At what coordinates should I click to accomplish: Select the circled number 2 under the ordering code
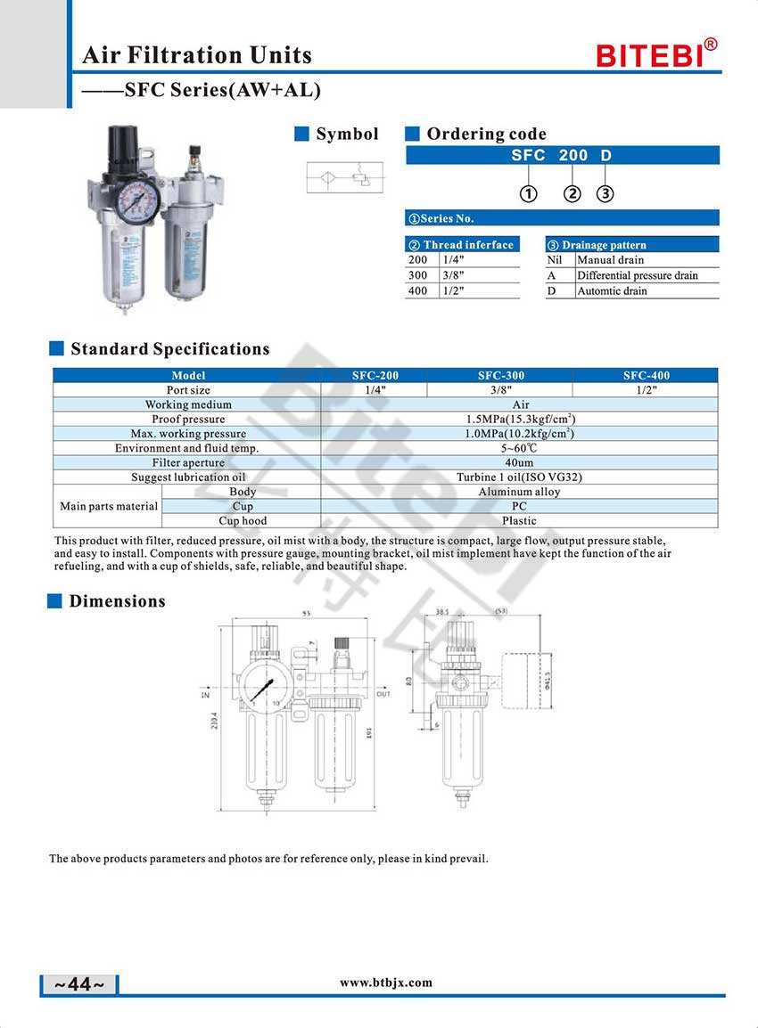(x=573, y=194)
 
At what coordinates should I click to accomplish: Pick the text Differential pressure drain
(x=637, y=275)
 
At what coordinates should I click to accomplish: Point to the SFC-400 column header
(x=646, y=375)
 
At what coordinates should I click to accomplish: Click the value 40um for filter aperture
(x=519, y=462)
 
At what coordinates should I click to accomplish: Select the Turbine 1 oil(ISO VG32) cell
(x=519, y=477)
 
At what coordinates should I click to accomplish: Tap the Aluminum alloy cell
(x=519, y=492)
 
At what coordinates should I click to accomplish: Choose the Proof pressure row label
(x=188, y=419)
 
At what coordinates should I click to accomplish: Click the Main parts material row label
(x=109, y=506)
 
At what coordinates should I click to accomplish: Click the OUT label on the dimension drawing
(x=383, y=693)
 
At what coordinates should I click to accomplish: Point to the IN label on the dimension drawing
(x=205, y=694)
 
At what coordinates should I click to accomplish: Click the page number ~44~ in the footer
(x=79, y=984)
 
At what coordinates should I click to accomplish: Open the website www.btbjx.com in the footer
(x=386, y=983)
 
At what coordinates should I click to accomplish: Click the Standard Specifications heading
(x=169, y=348)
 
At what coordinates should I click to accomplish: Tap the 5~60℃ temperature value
(x=519, y=448)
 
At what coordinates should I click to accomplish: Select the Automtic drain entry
(x=612, y=290)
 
